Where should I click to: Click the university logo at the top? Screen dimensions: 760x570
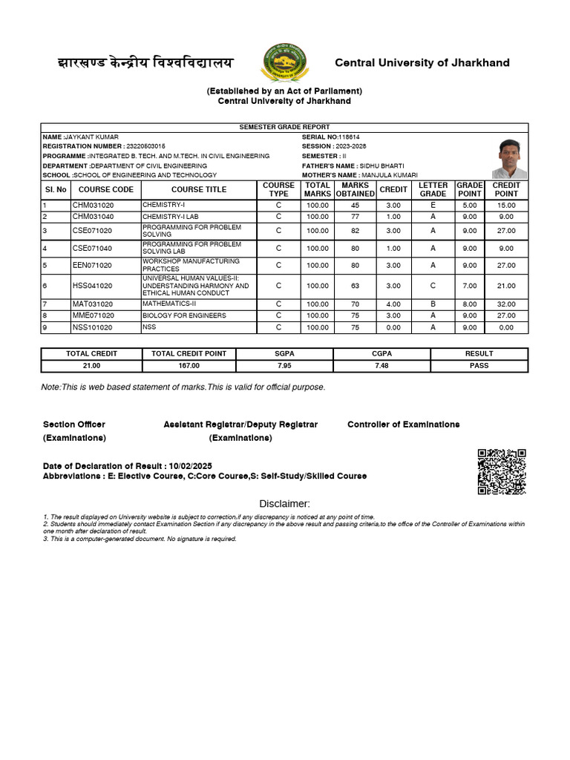tap(284, 62)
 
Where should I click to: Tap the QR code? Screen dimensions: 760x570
tap(502, 471)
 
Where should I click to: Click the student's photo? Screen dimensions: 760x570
tap(509, 158)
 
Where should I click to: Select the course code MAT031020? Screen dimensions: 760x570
tap(93, 304)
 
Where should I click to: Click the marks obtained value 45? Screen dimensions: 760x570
tap(355, 205)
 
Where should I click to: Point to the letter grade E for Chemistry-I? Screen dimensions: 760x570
tap(433, 205)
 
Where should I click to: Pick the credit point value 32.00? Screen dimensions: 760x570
tap(506, 304)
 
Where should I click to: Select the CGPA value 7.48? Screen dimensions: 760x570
tap(381, 366)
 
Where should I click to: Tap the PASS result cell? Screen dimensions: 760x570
tap(479, 366)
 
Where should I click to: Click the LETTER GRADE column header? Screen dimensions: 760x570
tap(433, 189)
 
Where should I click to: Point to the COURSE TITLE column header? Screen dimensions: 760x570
tap(199, 189)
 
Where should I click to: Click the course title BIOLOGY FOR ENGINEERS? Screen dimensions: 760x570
tap(184, 315)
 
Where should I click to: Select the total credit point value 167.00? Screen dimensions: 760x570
tap(189, 366)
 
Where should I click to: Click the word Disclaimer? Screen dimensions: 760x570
tap(284, 504)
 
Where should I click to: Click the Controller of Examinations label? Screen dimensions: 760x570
tap(403, 425)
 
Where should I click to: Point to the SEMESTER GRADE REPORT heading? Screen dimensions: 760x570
tap(284, 127)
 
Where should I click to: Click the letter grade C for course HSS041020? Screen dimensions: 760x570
tap(433, 285)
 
